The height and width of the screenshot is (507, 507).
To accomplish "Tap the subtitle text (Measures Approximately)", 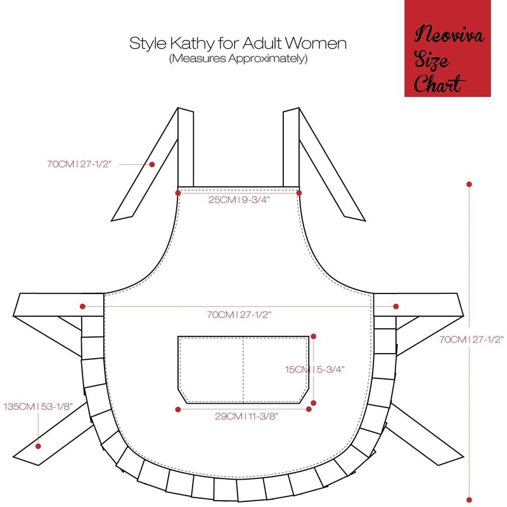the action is click(x=238, y=59).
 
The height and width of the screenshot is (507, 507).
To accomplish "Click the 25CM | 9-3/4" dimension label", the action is click(x=238, y=200).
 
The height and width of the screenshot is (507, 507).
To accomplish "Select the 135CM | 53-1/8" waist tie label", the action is click(x=37, y=406).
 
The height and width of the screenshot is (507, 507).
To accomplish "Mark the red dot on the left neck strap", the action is click(x=152, y=165).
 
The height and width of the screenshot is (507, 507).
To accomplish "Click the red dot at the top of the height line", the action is click(x=469, y=184).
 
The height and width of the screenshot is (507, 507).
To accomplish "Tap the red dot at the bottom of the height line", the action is click(x=469, y=497).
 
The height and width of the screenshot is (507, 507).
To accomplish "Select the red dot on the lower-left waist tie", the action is click(x=38, y=444).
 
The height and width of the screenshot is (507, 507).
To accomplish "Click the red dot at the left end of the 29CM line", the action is click(x=178, y=410).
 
